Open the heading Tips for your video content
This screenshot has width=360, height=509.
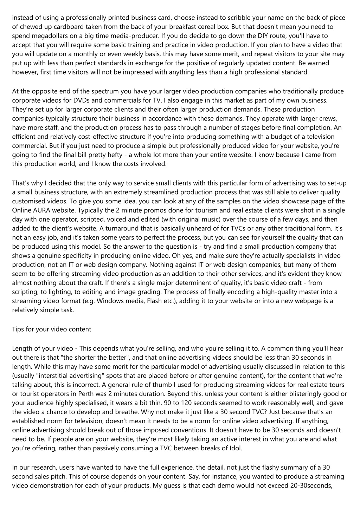(52, 329)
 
